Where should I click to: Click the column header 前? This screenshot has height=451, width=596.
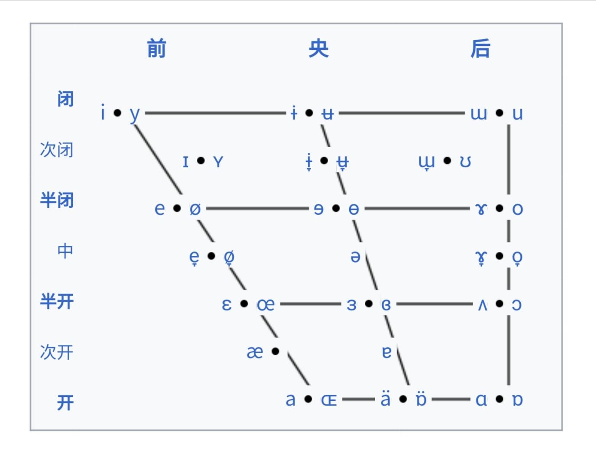[156, 48]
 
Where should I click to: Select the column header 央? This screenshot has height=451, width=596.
[318, 48]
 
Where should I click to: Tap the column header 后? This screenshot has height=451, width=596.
[480, 48]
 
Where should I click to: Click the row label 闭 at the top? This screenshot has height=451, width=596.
[65, 99]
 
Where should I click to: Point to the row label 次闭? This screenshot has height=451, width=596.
[57, 150]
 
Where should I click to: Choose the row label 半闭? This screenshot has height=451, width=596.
[57, 200]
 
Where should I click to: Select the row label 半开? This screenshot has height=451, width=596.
[57, 302]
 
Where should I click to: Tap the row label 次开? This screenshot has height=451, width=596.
[57, 352]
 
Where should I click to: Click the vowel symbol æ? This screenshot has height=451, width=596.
[255, 352]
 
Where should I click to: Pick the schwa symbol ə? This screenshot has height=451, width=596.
[355, 257]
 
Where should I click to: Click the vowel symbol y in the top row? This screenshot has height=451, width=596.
[135, 114]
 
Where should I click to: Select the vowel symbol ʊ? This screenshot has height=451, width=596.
[465, 161]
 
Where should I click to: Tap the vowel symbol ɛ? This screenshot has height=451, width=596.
[226, 305]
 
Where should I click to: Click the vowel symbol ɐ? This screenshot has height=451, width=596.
[387, 352]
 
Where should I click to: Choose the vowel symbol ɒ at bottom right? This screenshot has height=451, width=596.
[517, 399]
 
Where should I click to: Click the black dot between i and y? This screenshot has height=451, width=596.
[117, 113]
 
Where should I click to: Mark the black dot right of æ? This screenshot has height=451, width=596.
[275, 351]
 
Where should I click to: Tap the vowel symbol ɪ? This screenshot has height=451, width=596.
[186, 161]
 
